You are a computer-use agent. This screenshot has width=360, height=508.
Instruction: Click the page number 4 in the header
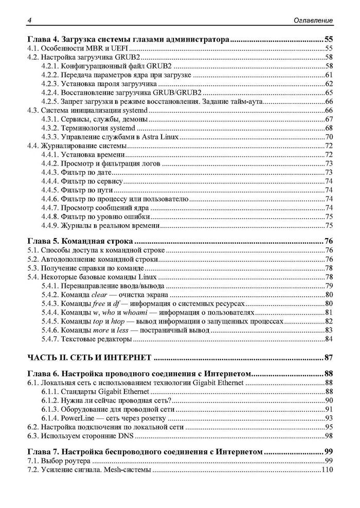point(30,20)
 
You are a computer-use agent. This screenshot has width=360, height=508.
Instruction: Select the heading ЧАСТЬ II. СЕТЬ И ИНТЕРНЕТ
point(89,357)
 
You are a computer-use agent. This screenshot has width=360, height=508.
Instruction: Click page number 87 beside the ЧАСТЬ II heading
point(329,357)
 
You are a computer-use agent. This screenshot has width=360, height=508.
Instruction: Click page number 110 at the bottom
point(327,471)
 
